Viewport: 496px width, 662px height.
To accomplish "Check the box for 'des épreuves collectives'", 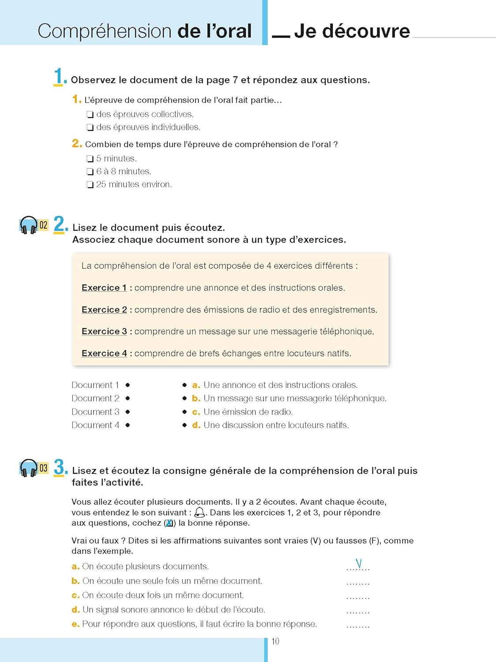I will pyautogui.click(x=90, y=115).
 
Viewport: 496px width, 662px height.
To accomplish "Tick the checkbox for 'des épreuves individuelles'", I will pyautogui.click(x=90, y=128).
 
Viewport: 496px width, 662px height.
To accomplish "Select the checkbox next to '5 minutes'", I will pyautogui.click(x=90, y=159).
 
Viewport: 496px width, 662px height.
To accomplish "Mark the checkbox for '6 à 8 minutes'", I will pyautogui.click(x=90, y=172).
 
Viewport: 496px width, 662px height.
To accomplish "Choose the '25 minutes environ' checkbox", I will pyautogui.click(x=90, y=185).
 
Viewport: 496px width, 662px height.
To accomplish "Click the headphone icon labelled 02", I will pyautogui.click(x=29, y=225).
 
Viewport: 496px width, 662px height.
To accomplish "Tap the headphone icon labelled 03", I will pyautogui.click(x=29, y=468).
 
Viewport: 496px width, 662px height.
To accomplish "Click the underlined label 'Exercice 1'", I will pyautogui.click(x=104, y=288).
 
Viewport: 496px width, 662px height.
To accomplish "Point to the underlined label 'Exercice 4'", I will pyautogui.click(x=104, y=354).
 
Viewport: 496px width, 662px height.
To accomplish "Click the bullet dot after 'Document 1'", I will pyautogui.click(x=128, y=385).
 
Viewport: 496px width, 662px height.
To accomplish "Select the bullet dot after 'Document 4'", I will pyautogui.click(x=128, y=425).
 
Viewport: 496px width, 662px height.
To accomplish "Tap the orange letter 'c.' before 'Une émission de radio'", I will pyautogui.click(x=196, y=412).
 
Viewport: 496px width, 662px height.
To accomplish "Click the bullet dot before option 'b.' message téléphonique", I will pyautogui.click(x=184, y=399).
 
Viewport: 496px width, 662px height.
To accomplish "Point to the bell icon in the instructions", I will pyautogui.click(x=199, y=512).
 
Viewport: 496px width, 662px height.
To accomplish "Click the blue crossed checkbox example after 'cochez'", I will pyautogui.click(x=169, y=523).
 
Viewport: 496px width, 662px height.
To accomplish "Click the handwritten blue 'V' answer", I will pyautogui.click(x=358, y=564).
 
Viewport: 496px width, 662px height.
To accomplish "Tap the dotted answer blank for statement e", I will pyautogui.click(x=358, y=626).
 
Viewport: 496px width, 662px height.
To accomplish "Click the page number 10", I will pyautogui.click(x=275, y=641).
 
